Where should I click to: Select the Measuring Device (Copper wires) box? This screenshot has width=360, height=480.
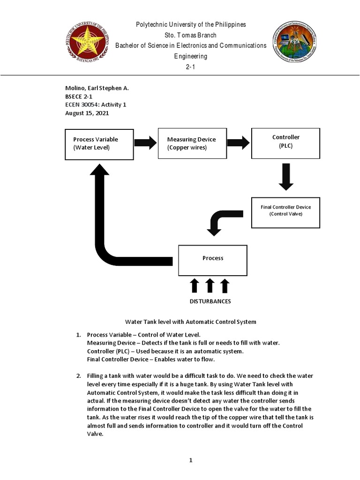191,143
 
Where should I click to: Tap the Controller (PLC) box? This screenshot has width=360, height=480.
285,141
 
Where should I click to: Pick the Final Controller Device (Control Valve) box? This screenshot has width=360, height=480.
285,210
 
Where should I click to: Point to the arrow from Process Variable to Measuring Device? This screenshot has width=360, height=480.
145,143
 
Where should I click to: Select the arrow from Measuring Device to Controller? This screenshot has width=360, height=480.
239,143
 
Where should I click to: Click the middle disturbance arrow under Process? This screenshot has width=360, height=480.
210,285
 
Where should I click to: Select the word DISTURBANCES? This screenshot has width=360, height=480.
210,301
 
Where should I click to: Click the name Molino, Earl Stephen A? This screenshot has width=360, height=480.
96,88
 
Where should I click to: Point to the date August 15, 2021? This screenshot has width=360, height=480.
89,113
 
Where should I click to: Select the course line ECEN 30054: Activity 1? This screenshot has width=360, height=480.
96,105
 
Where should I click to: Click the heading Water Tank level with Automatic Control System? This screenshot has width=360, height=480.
191,322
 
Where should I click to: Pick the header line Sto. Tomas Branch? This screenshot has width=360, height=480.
191,35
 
